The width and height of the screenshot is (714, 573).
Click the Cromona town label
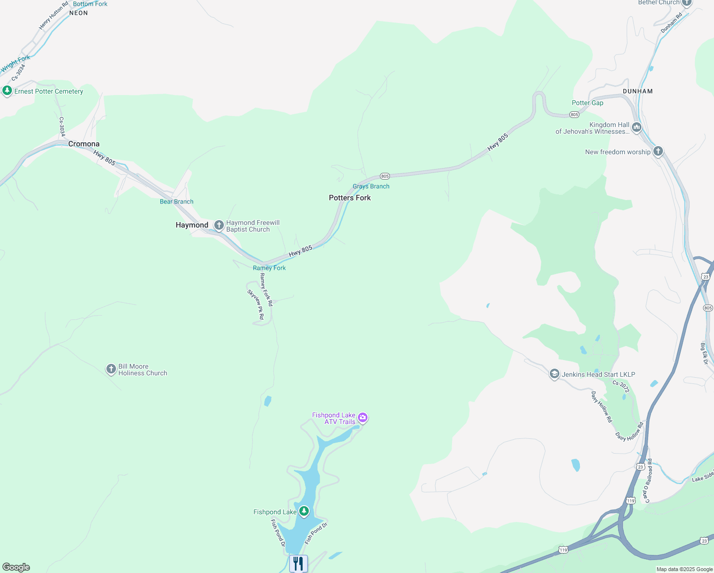84,144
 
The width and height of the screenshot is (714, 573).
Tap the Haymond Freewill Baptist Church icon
219,225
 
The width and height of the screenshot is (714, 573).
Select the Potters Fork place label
350,198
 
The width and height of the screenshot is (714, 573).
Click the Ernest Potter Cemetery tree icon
7,90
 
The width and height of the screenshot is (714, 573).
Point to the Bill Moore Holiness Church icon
111,369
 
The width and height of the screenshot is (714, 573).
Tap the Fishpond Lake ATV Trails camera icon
363,418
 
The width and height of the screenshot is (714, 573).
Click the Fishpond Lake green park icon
304,511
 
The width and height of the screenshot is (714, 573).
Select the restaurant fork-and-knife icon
298,563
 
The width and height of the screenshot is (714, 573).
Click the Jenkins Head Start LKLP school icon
554,374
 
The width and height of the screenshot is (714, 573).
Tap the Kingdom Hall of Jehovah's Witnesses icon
636,127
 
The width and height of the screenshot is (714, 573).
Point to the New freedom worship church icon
658,151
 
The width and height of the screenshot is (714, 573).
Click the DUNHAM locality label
638,91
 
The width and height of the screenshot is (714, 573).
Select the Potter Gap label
588,103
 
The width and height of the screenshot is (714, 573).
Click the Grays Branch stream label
371,186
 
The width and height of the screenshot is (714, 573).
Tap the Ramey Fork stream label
269,268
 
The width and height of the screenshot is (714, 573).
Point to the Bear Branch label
177,202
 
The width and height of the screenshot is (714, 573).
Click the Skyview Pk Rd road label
255,305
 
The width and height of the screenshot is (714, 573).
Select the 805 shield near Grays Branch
385,176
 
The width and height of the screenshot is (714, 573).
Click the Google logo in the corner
16,567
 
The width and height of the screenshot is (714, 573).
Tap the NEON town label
79,13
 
